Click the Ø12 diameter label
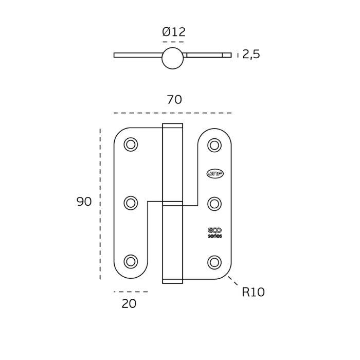click(x=173, y=32)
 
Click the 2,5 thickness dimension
click(x=251, y=55)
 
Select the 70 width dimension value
click(x=174, y=100)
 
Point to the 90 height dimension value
click(x=84, y=202)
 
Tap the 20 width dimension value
click(x=129, y=304)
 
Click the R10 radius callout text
click(x=253, y=293)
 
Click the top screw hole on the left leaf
click(x=131, y=145)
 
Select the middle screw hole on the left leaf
click(x=131, y=203)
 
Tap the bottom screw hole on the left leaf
click(x=131, y=261)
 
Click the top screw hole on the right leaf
click(x=214, y=146)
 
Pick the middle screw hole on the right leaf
click(x=214, y=203)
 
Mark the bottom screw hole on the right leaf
click(x=214, y=262)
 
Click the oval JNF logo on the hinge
click(x=214, y=174)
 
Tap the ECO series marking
click(x=215, y=233)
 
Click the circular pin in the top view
click(x=172, y=58)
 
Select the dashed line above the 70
click(x=172, y=113)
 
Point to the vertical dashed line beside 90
click(x=100, y=204)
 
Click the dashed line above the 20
click(x=131, y=292)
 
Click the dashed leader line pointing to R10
click(x=232, y=281)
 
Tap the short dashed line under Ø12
click(x=173, y=42)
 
